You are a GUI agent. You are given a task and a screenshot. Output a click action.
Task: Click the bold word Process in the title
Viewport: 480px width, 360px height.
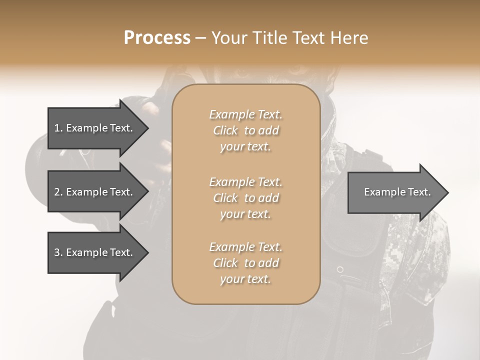tap(157, 38)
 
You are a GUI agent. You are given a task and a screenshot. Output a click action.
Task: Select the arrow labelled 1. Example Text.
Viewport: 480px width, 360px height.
tap(93, 128)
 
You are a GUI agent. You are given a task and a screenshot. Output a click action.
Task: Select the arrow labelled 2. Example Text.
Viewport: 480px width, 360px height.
tap(93, 192)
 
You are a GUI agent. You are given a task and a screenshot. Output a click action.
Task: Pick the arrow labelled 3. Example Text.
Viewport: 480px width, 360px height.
tap(93, 252)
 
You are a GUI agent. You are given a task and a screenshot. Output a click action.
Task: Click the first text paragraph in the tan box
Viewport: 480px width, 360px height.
tap(245, 130)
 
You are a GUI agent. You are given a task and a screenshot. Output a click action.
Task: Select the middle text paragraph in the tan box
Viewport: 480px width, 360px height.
tap(245, 197)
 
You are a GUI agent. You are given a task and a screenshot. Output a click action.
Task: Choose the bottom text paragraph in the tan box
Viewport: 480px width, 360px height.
tap(245, 263)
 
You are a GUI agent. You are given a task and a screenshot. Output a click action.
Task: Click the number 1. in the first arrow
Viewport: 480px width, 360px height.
tap(58, 128)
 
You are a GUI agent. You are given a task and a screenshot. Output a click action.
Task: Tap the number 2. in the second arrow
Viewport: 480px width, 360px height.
tap(58, 192)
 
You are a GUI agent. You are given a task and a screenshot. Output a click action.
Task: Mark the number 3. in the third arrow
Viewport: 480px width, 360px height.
tap(58, 252)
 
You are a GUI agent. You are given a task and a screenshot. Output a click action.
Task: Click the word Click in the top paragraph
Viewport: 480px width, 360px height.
tap(225, 130)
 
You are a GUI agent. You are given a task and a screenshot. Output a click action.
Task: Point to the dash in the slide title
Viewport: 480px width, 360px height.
tap(200, 38)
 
